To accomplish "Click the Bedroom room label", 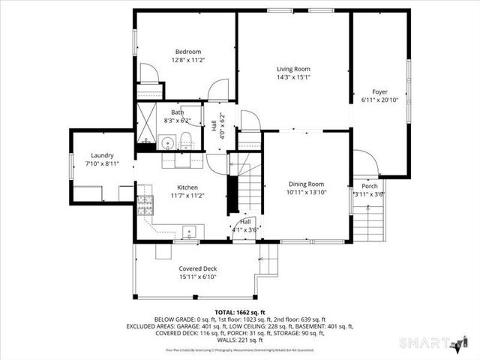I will [x=188, y=52].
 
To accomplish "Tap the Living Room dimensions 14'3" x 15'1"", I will [x=293, y=76].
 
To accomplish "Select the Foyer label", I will [x=380, y=92].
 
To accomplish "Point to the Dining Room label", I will [x=306, y=184].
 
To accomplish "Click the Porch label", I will [x=370, y=186].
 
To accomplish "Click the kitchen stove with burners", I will [x=145, y=205].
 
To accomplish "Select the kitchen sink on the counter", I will [x=189, y=232].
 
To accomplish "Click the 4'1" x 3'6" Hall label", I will [x=245, y=229].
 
